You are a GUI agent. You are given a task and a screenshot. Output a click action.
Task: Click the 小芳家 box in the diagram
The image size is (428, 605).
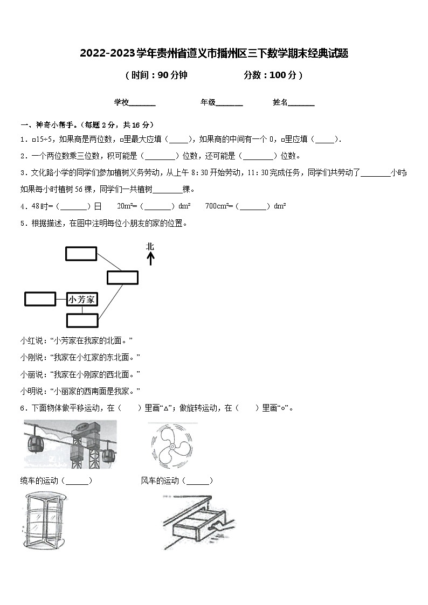(x=82, y=299)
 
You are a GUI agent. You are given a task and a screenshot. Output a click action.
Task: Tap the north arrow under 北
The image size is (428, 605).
(x=150, y=259)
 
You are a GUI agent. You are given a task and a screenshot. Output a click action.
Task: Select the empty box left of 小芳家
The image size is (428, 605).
(x=40, y=298)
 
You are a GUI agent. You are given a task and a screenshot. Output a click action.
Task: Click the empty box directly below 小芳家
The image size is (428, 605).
(x=82, y=320)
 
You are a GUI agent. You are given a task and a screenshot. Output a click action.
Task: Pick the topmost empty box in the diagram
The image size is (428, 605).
(x=81, y=254)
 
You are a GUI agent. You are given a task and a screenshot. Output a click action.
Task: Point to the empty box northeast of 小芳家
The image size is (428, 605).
(x=122, y=277)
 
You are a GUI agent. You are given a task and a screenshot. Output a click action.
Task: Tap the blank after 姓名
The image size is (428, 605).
(x=301, y=103)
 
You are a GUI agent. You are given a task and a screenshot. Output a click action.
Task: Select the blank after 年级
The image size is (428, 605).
(x=229, y=103)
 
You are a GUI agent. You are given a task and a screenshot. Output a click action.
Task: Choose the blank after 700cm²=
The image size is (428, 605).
(x=254, y=206)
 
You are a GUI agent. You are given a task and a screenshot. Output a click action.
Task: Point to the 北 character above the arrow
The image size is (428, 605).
(x=150, y=246)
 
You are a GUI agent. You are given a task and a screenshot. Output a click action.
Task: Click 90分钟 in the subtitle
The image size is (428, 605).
(x=172, y=75)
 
